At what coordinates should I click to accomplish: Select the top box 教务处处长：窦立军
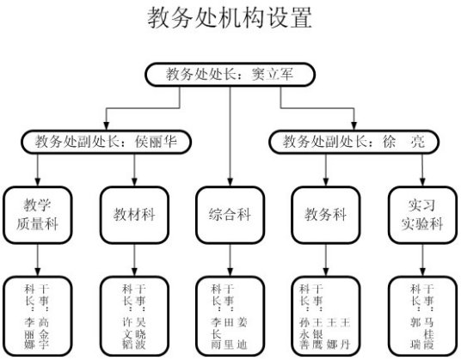[x=230, y=76]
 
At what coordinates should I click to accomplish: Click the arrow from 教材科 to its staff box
[x=133, y=260]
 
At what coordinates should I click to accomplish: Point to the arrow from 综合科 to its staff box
[x=230, y=260]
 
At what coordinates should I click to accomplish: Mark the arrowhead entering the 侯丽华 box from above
[x=106, y=125]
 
